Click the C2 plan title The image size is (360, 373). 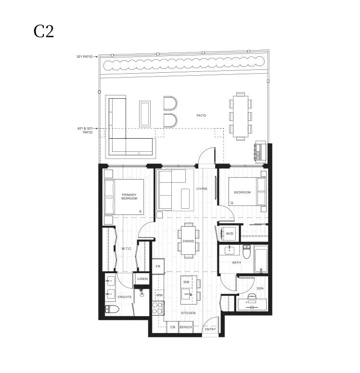coord(44,31)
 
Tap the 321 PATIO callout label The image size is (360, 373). coord(84,56)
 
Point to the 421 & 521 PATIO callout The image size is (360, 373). coord(85,130)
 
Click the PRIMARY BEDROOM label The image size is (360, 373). coord(129,197)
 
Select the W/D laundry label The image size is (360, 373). coord(229,234)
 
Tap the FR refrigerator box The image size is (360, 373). coord(158,266)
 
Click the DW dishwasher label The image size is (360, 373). coord(187,282)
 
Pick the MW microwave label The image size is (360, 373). coord(159,295)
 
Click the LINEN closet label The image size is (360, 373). coord(142,279)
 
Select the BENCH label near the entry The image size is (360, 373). coord(186,327)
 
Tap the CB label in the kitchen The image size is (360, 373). coord(173,327)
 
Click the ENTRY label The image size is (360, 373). coord(210,329)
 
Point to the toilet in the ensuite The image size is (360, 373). coord(112,309)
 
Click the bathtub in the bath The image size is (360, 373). coord(261,259)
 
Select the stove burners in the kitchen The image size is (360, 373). coord(158,308)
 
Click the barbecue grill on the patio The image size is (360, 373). coord(260,151)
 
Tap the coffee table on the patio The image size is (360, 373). coord(145,114)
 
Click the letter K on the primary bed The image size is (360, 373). coord(141,212)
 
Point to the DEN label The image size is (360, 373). coord(260,288)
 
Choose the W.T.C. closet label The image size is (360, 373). coord(127,249)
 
